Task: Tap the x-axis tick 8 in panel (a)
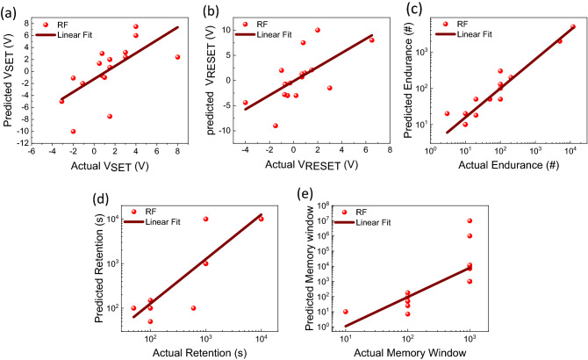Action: tap(177, 154)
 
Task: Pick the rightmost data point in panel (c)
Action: tap(573, 27)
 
